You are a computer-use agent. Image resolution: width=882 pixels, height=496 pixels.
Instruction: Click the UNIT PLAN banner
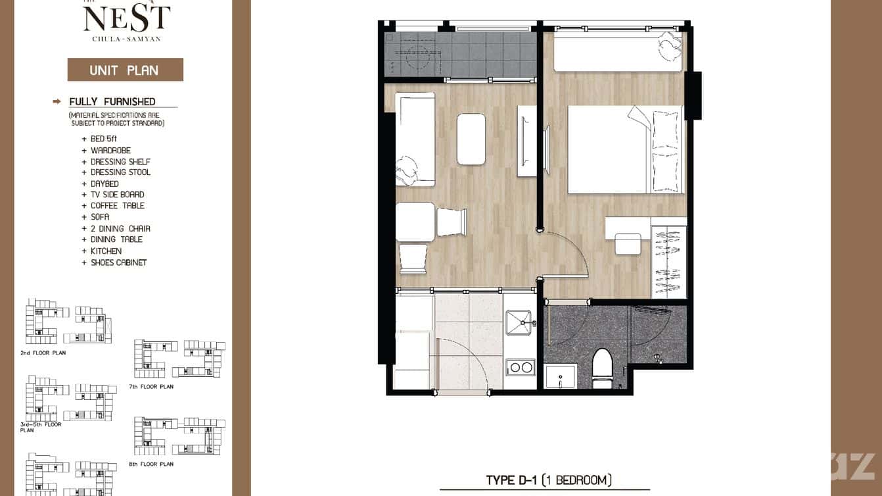125,70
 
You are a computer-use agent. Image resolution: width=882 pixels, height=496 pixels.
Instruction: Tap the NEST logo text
126,18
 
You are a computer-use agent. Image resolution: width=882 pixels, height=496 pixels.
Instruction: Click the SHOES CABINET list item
118,262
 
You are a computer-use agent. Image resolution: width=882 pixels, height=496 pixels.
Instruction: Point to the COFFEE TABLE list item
117,206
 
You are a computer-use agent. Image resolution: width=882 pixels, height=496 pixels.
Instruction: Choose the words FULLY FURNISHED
112,101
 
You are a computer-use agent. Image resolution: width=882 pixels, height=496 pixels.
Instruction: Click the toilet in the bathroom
602,368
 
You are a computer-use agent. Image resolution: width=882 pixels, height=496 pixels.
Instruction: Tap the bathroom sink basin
560,377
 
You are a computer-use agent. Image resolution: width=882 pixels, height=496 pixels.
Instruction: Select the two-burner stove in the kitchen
521,367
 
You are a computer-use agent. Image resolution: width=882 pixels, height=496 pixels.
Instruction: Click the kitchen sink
521,323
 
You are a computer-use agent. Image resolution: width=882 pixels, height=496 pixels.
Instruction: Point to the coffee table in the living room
471,139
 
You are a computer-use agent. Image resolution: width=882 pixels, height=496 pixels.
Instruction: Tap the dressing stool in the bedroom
628,244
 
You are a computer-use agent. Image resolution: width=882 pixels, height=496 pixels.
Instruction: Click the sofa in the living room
415,139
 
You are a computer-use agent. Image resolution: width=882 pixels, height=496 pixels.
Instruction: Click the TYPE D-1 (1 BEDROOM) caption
549,480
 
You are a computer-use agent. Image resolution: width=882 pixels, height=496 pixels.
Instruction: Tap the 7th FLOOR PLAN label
151,387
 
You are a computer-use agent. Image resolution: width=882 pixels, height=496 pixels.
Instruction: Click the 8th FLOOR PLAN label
151,464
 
